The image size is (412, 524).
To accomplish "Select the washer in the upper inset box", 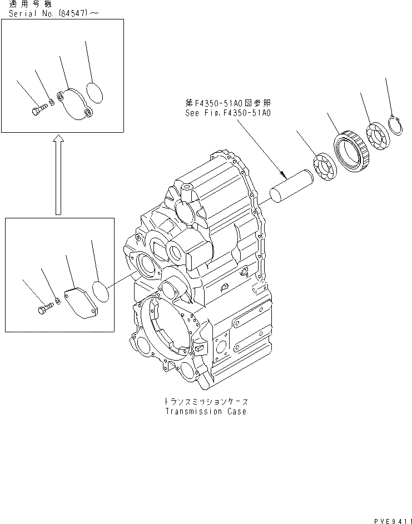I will [51, 102].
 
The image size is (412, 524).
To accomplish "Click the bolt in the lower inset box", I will [43, 308].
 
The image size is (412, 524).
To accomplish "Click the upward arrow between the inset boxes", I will [58, 174].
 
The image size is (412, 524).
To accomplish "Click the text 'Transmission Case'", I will [205, 412].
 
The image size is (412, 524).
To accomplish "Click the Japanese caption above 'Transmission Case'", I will [205, 401].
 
